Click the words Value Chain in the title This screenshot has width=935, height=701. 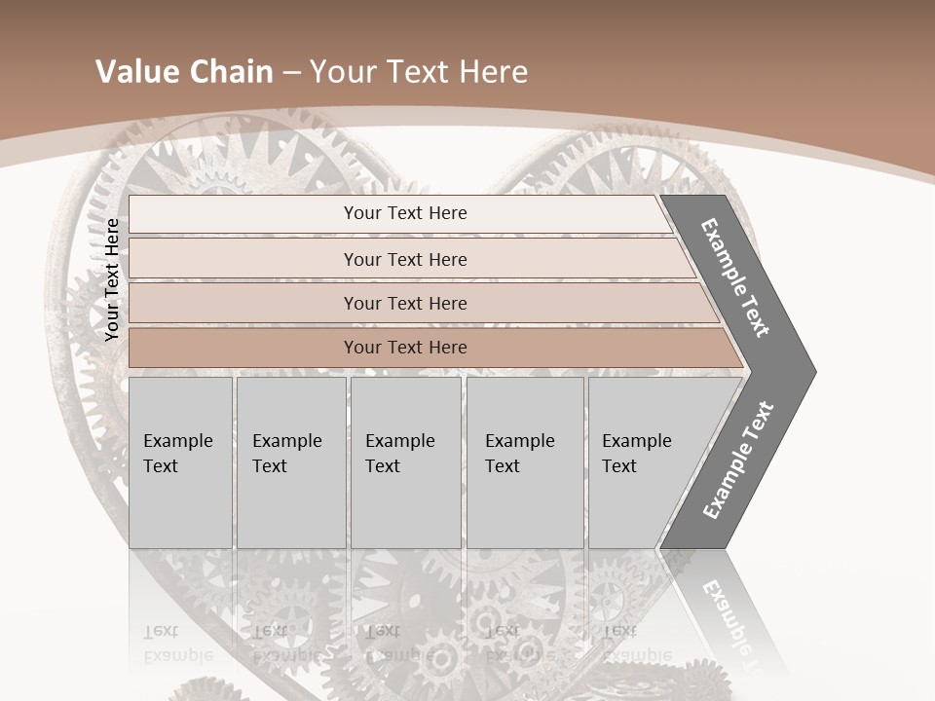[184, 72]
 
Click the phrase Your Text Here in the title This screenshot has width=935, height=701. [419, 72]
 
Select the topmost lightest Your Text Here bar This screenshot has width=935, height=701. [404, 213]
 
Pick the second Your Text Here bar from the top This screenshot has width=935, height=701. [404, 259]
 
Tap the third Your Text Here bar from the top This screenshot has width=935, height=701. [404, 303]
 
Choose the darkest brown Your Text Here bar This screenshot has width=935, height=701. [404, 348]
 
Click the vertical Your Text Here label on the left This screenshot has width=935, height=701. [112, 279]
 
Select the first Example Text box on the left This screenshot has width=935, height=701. [180, 462]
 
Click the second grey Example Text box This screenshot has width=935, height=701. [290, 462]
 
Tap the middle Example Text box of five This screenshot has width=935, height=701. [404, 462]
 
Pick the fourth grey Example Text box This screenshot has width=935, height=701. [524, 462]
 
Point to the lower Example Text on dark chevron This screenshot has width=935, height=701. [737, 461]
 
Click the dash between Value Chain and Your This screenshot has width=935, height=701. [291, 73]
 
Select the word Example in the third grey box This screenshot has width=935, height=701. [399, 441]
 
